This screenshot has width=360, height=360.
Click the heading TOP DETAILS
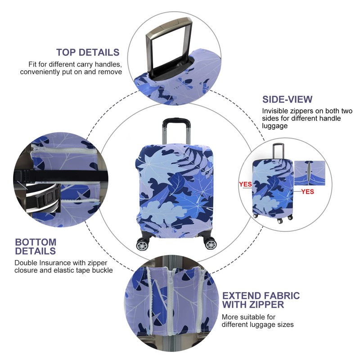(x=88, y=52)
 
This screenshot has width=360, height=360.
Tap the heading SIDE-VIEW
(x=287, y=99)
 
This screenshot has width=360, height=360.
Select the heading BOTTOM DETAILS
(x=36, y=247)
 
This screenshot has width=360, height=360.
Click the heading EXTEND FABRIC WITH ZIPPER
(x=261, y=300)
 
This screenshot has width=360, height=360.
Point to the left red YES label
(x=245, y=184)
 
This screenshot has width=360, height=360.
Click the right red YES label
(x=308, y=191)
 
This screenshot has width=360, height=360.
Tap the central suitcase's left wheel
(x=142, y=245)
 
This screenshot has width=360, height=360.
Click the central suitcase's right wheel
(x=210, y=244)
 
